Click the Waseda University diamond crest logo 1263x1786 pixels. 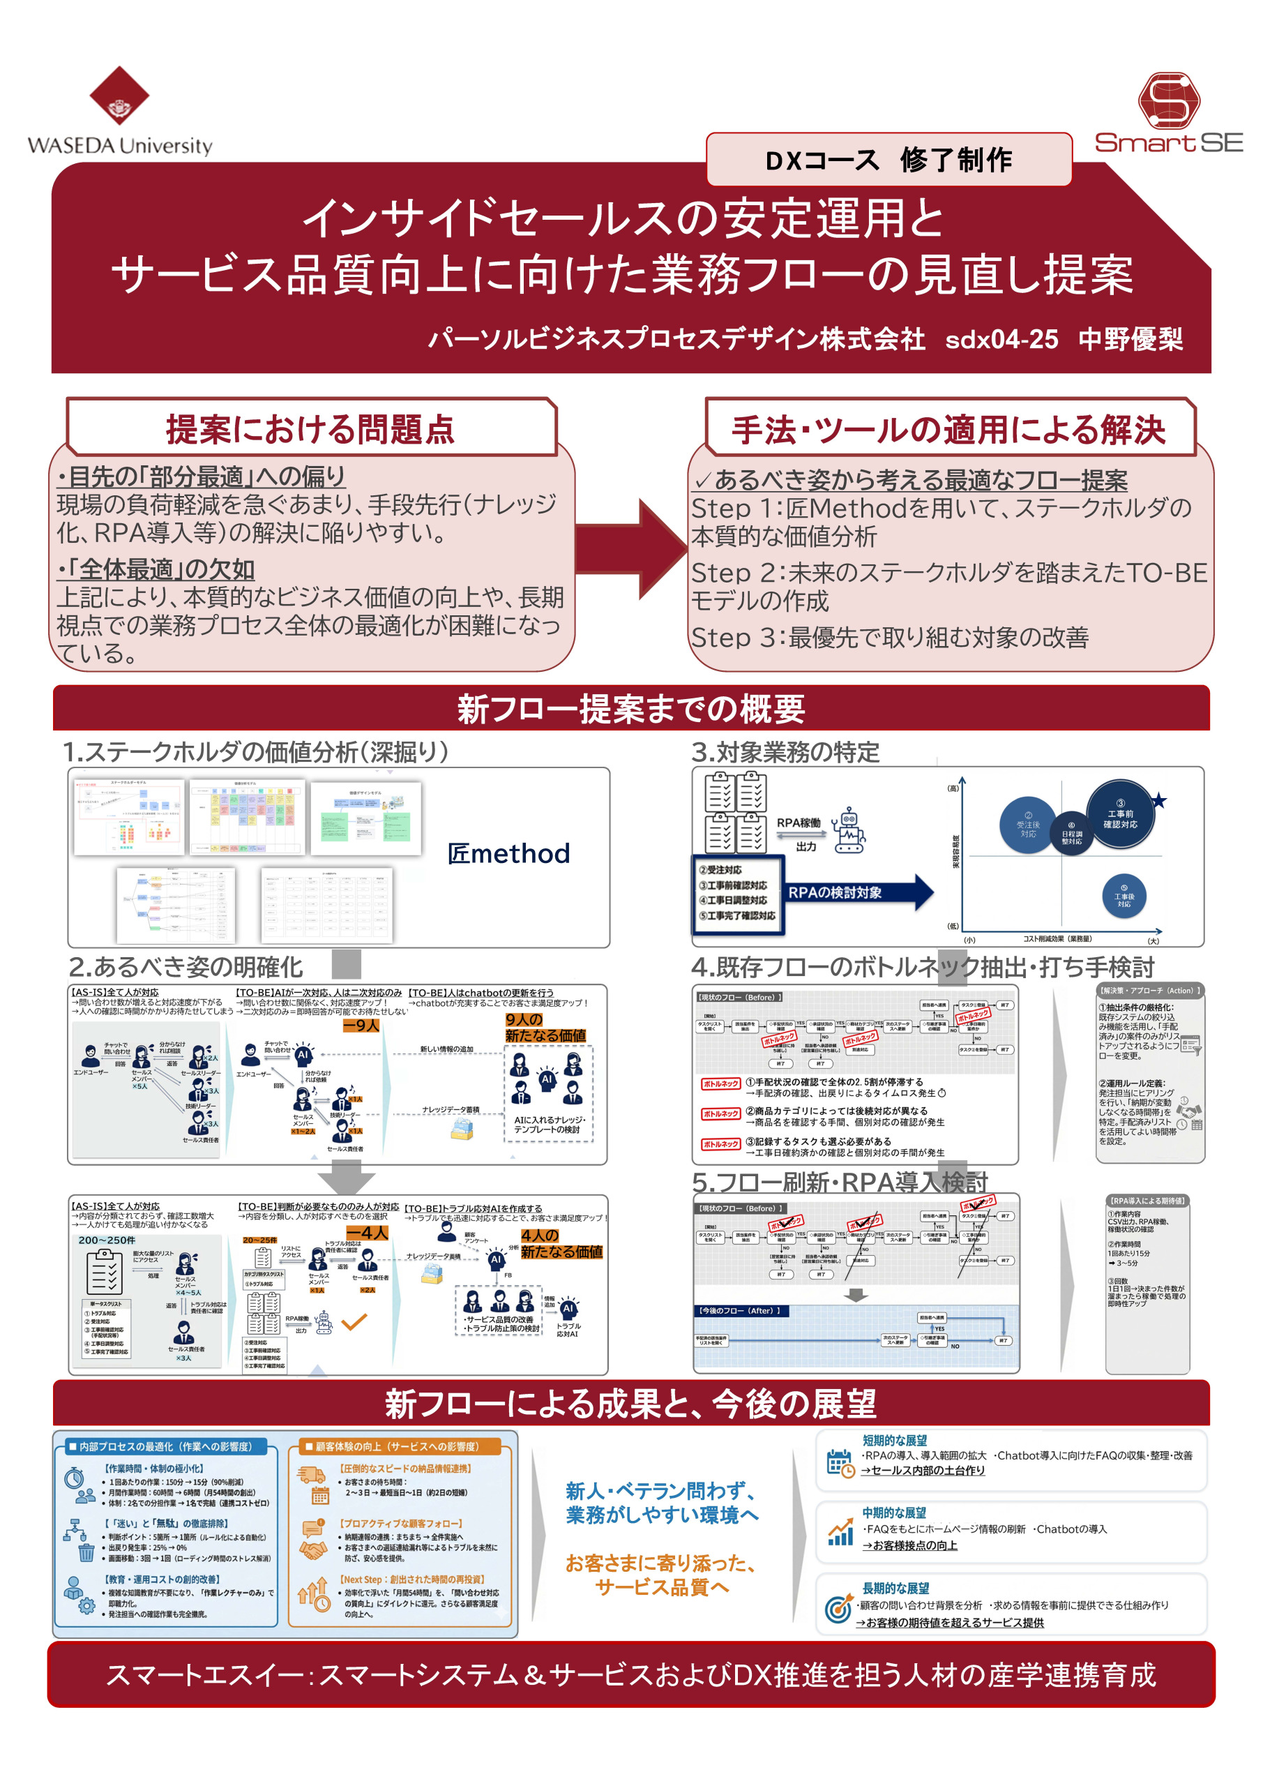(119, 95)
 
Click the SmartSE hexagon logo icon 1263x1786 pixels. (1168, 101)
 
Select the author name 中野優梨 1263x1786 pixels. (1130, 339)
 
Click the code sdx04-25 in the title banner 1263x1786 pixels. (1001, 339)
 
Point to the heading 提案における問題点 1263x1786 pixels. (310, 429)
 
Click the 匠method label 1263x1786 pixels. (508, 854)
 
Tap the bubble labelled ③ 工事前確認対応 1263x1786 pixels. (1120, 814)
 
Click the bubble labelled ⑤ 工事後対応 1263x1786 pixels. (1124, 896)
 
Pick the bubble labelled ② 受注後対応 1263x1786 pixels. (1027, 825)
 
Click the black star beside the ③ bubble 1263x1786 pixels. (1159, 800)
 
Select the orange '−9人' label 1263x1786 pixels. (361, 1026)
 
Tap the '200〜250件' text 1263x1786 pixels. (107, 1240)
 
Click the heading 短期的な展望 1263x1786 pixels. (894, 1441)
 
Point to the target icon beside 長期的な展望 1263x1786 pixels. (838, 1608)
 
